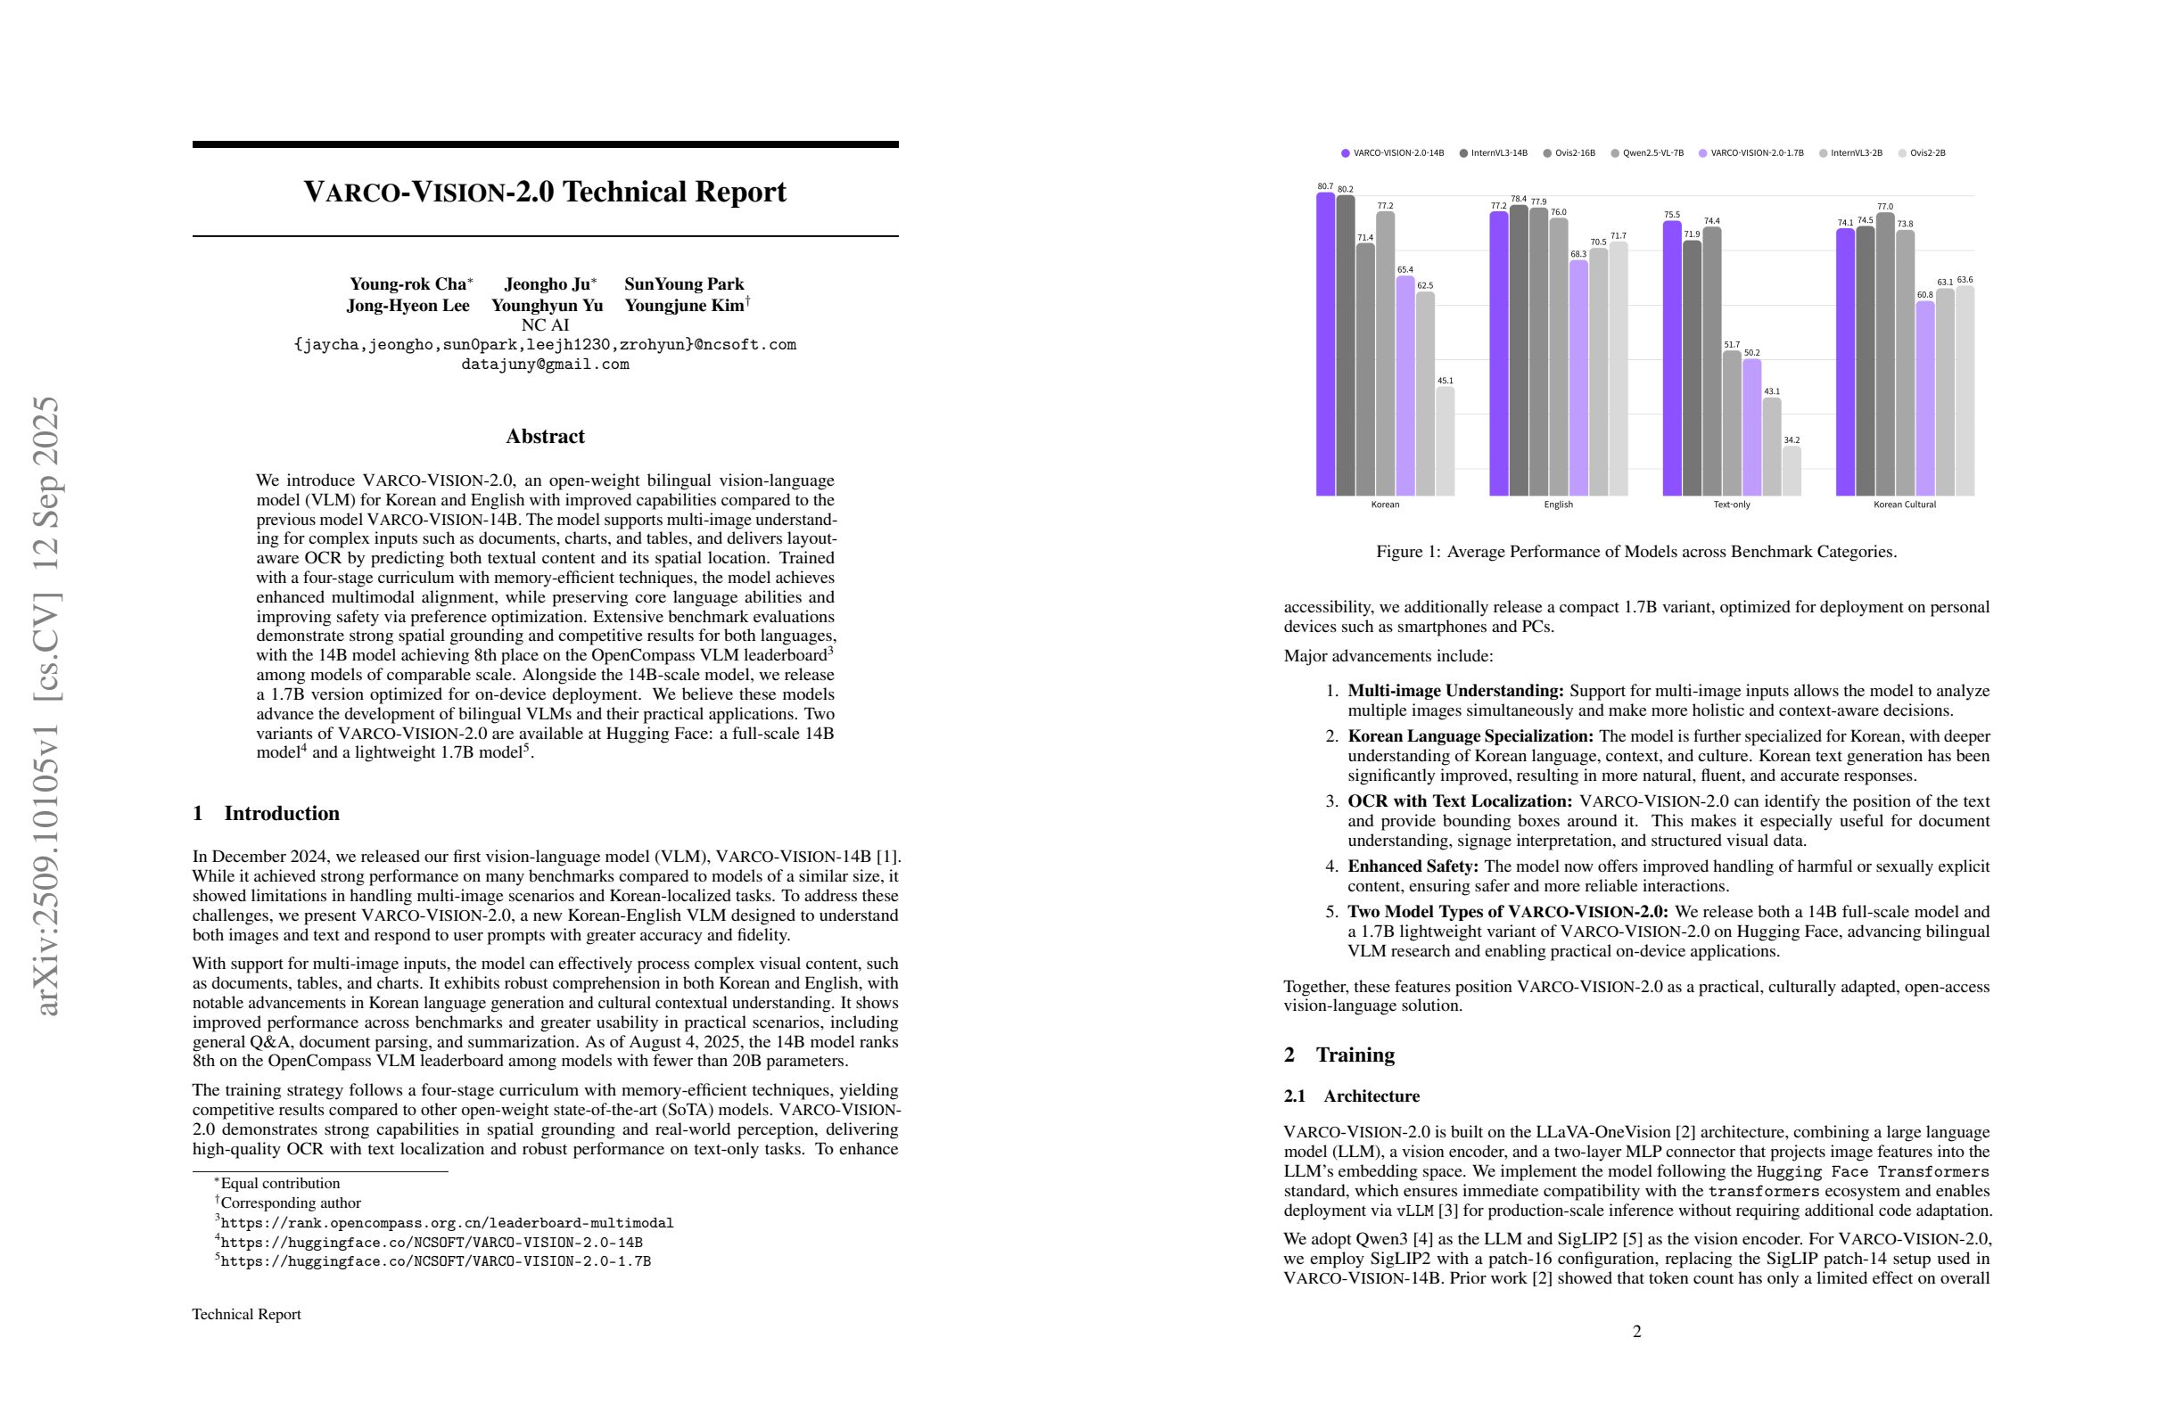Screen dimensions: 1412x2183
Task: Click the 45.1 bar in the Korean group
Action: point(1445,442)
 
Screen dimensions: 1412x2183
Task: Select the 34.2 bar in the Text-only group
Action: point(1792,472)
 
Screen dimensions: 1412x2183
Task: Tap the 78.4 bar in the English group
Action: point(1519,350)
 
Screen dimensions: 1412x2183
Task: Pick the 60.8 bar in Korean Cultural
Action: point(1924,398)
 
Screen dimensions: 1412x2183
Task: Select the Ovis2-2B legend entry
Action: point(1926,153)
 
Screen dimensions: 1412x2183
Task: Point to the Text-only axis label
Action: point(1731,505)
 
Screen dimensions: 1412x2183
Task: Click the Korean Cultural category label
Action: point(1904,505)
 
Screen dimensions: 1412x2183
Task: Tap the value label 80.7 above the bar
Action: point(1324,186)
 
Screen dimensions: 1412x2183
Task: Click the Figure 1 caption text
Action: point(1636,552)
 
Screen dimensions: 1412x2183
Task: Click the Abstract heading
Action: point(545,437)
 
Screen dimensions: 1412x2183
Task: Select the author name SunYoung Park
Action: point(683,284)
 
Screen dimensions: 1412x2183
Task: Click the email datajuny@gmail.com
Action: point(545,364)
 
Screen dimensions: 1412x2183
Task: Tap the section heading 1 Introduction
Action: point(266,813)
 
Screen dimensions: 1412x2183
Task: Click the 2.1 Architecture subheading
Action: point(1352,1096)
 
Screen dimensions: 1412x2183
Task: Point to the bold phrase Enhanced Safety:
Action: point(1413,866)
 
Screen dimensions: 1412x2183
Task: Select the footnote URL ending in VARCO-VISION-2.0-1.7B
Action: point(435,1261)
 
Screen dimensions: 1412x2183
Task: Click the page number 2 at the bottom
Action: point(1636,1331)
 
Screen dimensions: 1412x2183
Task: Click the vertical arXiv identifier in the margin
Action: point(45,706)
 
